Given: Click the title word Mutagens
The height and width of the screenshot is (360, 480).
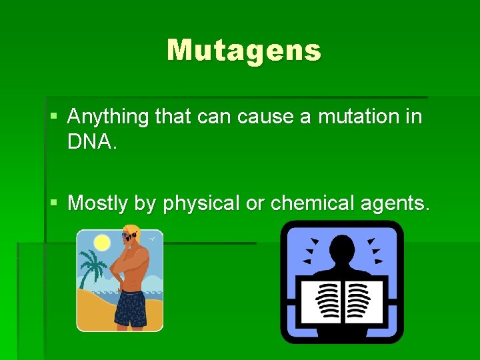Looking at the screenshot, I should coord(244,50).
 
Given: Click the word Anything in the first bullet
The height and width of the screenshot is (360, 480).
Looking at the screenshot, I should coord(108,117).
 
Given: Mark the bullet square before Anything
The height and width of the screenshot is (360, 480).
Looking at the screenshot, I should coord(53,117).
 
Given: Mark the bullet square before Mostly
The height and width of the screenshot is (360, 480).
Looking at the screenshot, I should coord(53,202).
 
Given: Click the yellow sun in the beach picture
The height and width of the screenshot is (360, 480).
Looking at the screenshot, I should coord(102,242).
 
